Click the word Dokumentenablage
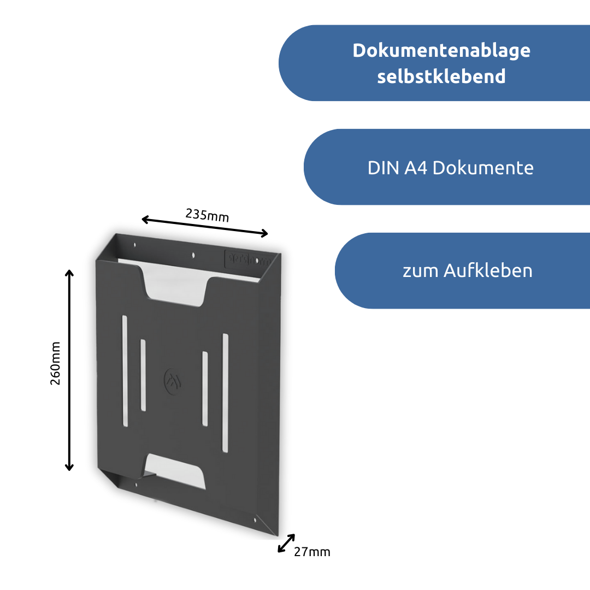(x=441, y=50)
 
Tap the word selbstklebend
(x=441, y=76)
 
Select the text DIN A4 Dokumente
(x=450, y=168)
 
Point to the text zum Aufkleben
(x=467, y=271)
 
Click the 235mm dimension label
(x=207, y=215)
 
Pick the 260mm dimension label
(x=56, y=363)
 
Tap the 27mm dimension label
(x=312, y=552)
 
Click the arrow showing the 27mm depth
(x=286, y=543)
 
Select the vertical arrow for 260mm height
(x=69, y=370)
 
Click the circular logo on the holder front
(x=173, y=381)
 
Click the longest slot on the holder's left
(x=125, y=371)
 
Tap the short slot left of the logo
(x=143, y=375)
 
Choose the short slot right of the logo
(x=205, y=388)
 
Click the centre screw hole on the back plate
(x=193, y=255)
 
